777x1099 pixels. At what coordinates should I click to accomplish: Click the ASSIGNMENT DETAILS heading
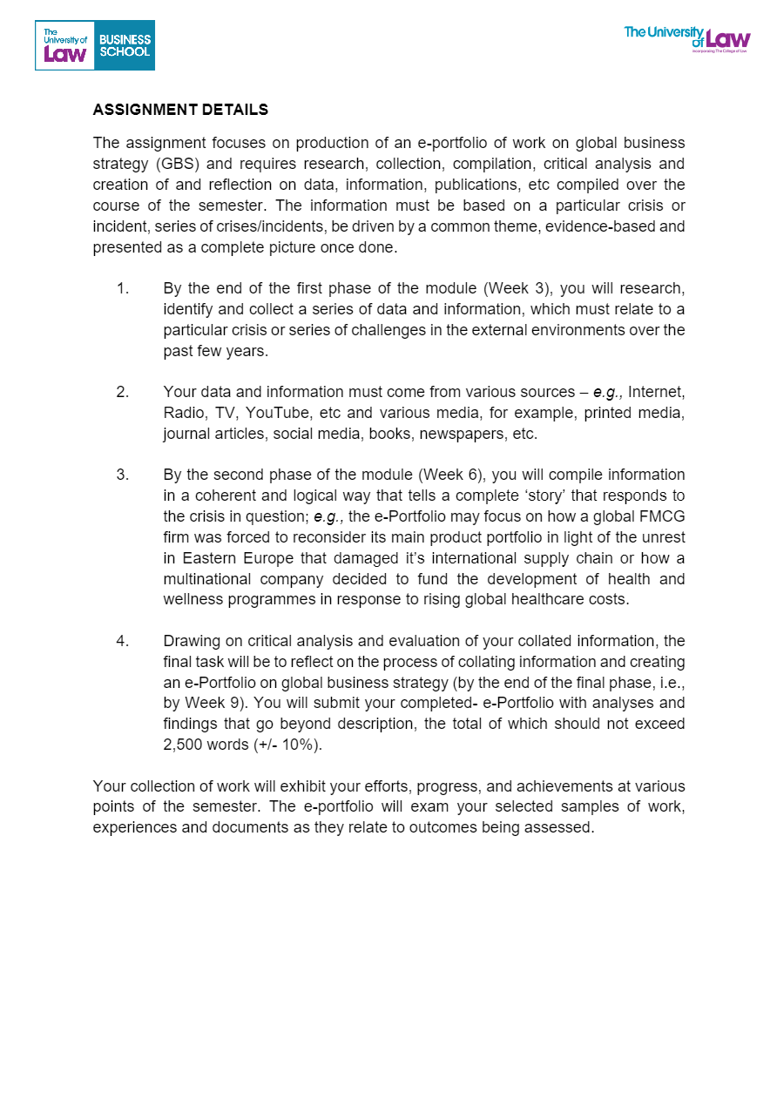(x=180, y=110)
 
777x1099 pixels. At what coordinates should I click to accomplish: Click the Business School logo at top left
(x=95, y=45)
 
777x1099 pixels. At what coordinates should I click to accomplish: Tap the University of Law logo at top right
(x=686, y=38)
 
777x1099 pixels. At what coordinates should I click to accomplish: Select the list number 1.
(x=122, y=288)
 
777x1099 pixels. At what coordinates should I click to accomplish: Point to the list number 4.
(x=122, y=641)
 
